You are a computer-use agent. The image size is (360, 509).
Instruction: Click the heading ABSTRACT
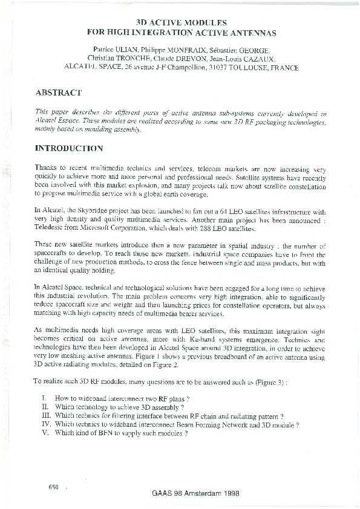click(x=59, y=92)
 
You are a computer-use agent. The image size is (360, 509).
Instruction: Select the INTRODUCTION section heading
click(x=69, y=148)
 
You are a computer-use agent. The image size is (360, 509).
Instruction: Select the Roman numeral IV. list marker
click(x=45, y=424)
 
